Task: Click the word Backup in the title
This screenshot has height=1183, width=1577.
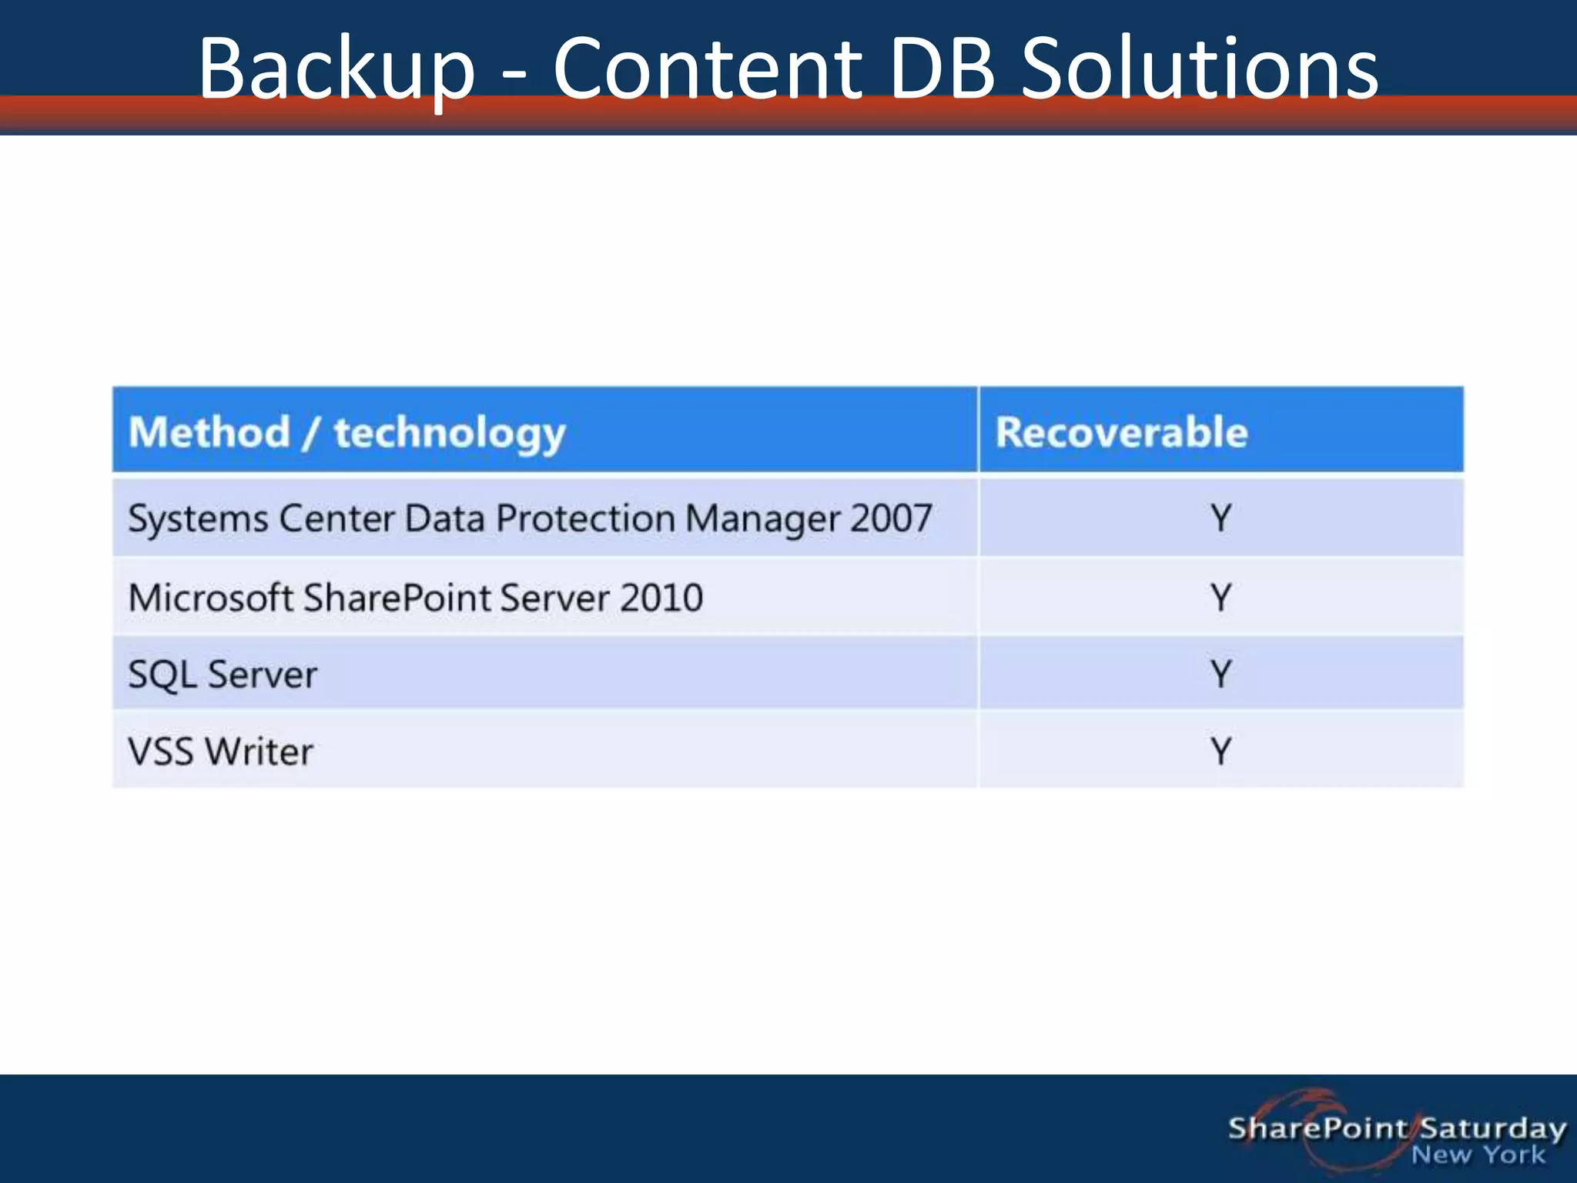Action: pos(336,69)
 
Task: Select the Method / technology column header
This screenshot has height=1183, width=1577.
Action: pos(347,432)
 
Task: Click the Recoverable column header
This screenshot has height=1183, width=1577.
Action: pos(1121,432)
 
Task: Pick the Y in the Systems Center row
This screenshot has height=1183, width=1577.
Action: pos(1220,518)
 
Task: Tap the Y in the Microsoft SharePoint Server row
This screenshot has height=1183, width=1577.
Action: pos(1220,598)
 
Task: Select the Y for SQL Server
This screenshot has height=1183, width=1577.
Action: pos(1220,674)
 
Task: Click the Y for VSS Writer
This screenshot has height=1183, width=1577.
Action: pos(1220,751)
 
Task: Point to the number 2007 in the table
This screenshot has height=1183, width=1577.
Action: pos(891,518)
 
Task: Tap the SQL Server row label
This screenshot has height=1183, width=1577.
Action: pos(223,675)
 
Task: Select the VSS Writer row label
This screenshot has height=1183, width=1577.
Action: pos(221,751)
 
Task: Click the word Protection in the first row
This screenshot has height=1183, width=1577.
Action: pos(585,518)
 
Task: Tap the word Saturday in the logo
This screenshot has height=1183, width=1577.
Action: pos(1492,1128)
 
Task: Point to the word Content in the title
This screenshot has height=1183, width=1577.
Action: pos(707,69)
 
